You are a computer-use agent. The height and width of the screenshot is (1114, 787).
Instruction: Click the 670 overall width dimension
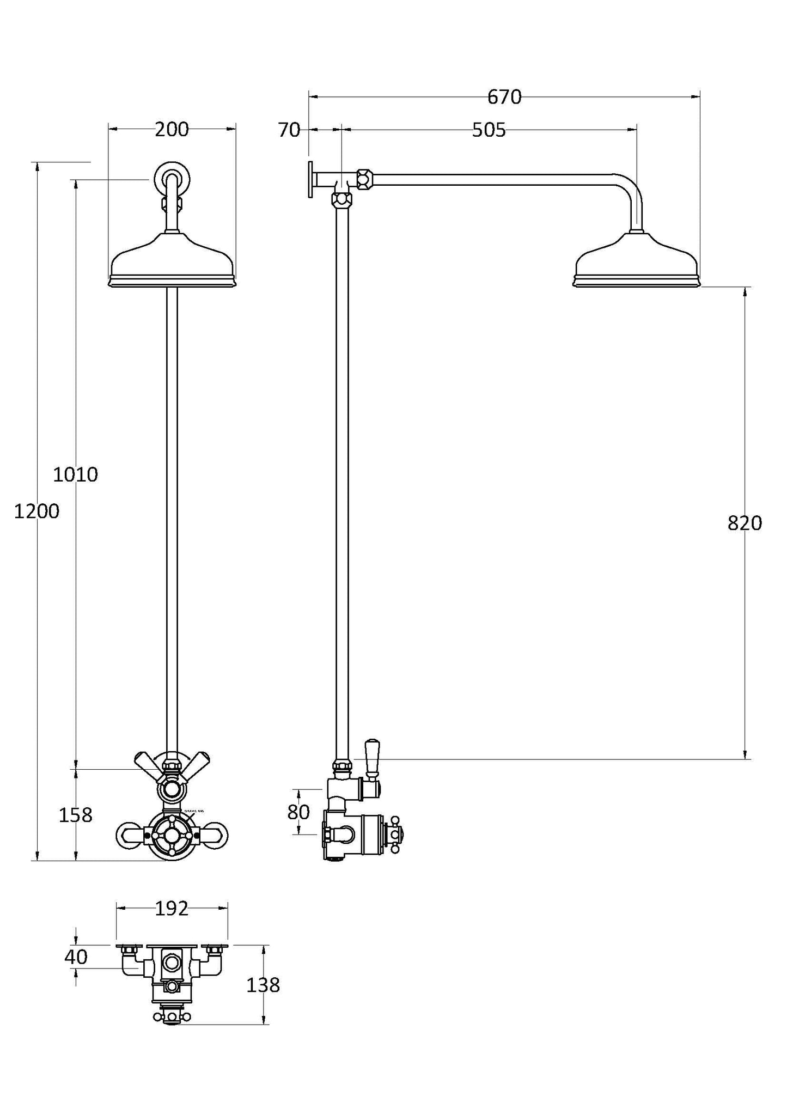tap(504, 97)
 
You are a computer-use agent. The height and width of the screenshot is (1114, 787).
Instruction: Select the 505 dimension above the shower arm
tap(489, 130)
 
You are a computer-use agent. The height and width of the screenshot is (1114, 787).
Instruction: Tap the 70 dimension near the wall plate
tap(289, 130)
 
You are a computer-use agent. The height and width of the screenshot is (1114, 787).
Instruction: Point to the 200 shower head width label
tap(172, 129)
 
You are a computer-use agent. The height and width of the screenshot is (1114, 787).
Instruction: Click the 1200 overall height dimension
tap(36, 512)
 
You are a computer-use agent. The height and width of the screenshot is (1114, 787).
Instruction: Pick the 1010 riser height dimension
tap(75, 474)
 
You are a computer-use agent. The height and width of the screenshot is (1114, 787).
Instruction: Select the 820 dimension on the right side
tap(745, 523)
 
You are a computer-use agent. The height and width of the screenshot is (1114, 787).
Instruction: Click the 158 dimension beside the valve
tap(75, 815)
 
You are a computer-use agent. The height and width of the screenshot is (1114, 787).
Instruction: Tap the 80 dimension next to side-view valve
tap(298, 812)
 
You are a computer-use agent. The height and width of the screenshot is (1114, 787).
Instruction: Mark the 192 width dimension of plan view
tap(172, 908)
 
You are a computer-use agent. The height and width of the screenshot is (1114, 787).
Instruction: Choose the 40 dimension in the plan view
tap(76, 957)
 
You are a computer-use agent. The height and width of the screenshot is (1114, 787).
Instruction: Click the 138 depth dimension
tap(263, 985)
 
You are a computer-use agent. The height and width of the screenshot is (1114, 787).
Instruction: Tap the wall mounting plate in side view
tap(310, 179)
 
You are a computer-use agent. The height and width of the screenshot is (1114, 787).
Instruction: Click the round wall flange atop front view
tap(172, 178)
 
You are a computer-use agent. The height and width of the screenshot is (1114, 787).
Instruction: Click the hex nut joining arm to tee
tap(364, 178)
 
